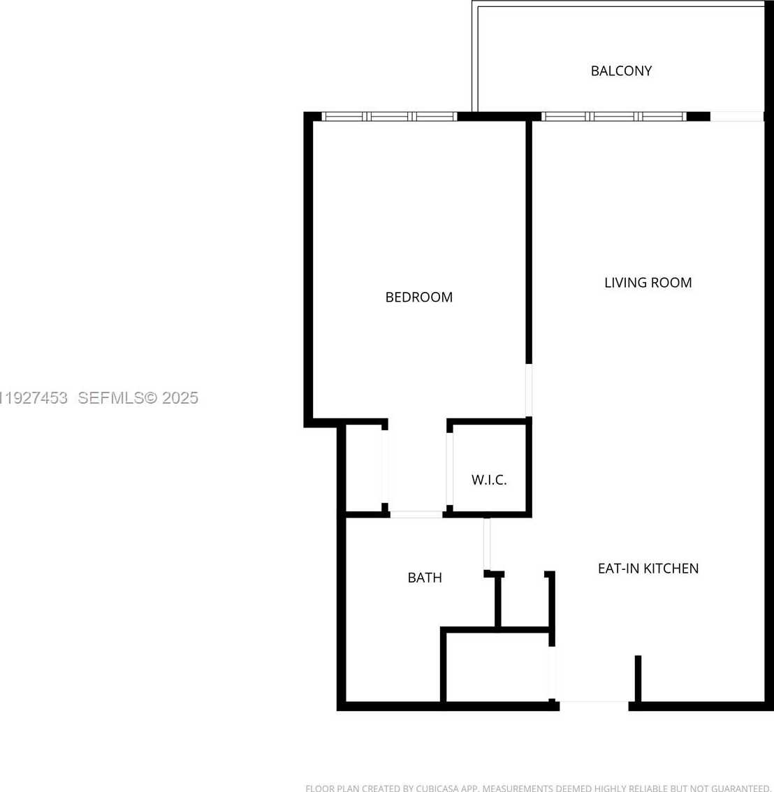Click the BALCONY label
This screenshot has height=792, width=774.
point(621,71)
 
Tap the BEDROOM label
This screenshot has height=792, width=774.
point(419,297)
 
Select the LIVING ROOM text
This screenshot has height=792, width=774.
point(648,282)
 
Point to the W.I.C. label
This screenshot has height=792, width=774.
point(489,480)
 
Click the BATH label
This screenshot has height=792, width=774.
point(425,578)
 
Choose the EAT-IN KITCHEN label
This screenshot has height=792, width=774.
point(648,569)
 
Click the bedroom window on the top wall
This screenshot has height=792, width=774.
point(389,117)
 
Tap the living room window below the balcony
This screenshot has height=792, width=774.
point(614,117)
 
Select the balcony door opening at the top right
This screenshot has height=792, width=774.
point(736,117)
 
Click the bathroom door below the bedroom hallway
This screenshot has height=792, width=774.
point(416,515)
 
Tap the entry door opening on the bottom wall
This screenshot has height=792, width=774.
point(594,703)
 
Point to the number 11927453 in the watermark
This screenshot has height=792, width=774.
point(34,398)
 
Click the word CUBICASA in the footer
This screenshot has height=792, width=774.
point(437,789)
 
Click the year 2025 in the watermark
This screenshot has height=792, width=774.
point(180,398)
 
